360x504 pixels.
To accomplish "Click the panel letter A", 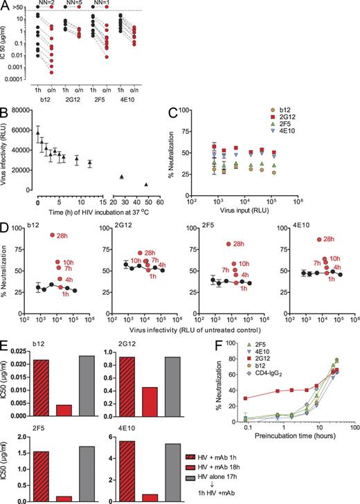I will (x=5, y=6).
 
